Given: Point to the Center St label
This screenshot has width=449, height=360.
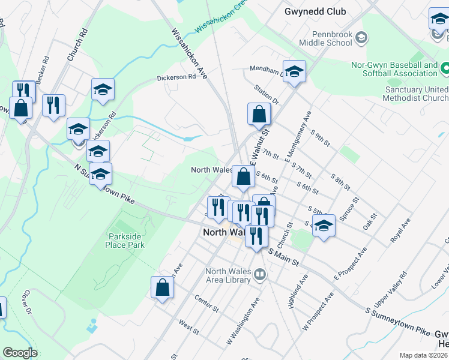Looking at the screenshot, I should pos(206,303).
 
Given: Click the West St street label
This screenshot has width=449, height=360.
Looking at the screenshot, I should pos(188,326).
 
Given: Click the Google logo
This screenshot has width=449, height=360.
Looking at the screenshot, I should pos(20,353).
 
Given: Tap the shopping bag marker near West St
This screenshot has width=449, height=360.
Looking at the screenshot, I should pos(163,287).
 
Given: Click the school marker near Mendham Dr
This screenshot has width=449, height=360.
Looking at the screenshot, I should pos(294,72).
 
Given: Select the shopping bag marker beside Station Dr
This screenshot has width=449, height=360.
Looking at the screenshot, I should pos(259,114).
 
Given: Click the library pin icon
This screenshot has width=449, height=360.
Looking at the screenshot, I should pos(260,275).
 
